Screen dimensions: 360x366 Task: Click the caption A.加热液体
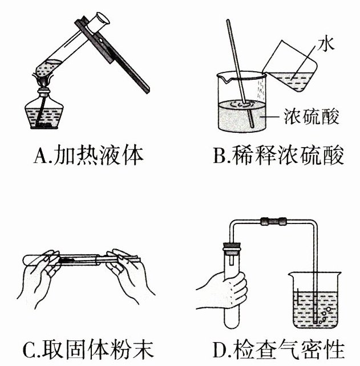coord(88,155)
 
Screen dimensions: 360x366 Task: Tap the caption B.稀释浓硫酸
coord(278,155)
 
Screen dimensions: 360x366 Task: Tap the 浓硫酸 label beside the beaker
coord(311,116)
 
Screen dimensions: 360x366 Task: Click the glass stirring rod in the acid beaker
coord(240,74)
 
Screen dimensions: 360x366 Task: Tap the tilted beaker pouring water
coord(290,66)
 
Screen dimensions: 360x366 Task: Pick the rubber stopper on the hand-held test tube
coord(232,249)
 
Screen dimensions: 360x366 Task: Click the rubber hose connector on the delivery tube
coord(273,221)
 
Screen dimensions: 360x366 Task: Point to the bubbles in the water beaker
coord(324,315)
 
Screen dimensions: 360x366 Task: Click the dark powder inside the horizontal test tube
coord(67,259)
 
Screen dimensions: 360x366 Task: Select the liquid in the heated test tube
coord(47,68)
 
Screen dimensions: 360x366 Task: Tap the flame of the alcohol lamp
coord(43,80)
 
